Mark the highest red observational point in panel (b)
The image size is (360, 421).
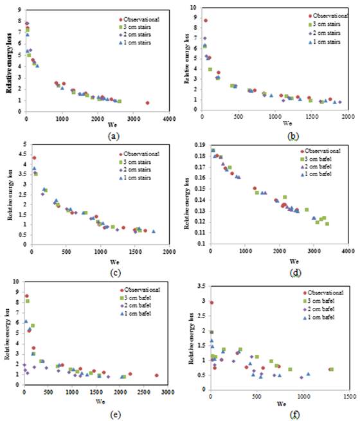coord(205,21)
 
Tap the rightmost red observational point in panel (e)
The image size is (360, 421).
coord(156,375)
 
